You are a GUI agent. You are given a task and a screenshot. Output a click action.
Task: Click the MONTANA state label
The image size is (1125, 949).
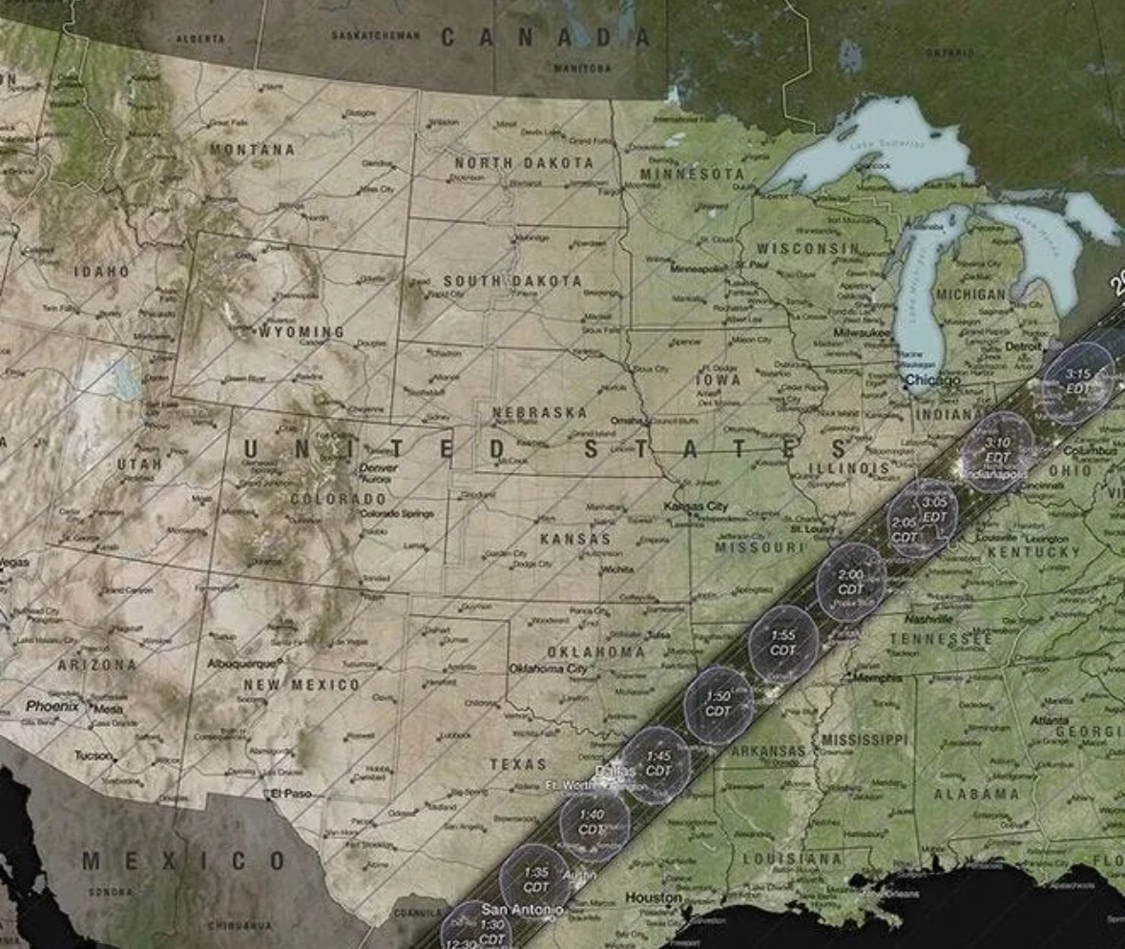point(253,150)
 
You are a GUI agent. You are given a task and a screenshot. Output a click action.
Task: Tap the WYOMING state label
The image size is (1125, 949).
point(302,332)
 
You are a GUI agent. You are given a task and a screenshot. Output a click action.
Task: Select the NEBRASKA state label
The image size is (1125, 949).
point(539,413)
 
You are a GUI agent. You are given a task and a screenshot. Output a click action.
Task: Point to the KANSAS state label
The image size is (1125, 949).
point(574,539)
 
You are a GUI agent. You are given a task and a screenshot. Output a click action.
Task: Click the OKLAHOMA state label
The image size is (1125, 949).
point(595,651)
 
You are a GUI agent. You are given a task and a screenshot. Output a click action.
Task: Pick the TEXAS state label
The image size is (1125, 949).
point(518,764)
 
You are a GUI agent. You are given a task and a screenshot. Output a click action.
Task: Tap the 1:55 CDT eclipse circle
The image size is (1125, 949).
point(782,643)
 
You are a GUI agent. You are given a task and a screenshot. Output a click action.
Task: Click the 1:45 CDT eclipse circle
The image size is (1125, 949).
point(657,764)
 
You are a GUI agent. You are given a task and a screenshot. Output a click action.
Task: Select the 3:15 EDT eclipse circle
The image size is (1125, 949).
point(1077,382)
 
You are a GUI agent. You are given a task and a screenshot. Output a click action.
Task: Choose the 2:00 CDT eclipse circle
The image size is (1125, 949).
point(850,582)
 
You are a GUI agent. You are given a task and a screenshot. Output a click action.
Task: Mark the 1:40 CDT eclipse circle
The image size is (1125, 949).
point(593,821)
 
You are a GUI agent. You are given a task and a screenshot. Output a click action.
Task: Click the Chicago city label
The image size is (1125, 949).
point(933,381)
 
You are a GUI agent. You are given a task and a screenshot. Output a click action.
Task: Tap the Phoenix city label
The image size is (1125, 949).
point(52,706)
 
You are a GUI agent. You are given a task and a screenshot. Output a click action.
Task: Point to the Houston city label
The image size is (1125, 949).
point(654,897)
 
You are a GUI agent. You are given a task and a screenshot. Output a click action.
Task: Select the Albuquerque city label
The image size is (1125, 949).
point(243,663)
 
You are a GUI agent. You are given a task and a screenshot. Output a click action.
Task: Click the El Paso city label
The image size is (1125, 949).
point(290,794)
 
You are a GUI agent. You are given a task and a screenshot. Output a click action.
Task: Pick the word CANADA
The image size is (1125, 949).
point(545,38)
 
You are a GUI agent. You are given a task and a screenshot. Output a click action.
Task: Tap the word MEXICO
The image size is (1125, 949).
point(183,861)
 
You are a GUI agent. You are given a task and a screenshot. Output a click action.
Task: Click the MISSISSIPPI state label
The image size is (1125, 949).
point(866,740)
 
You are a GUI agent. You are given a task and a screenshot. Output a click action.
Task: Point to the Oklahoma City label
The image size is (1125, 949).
point(549,669)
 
